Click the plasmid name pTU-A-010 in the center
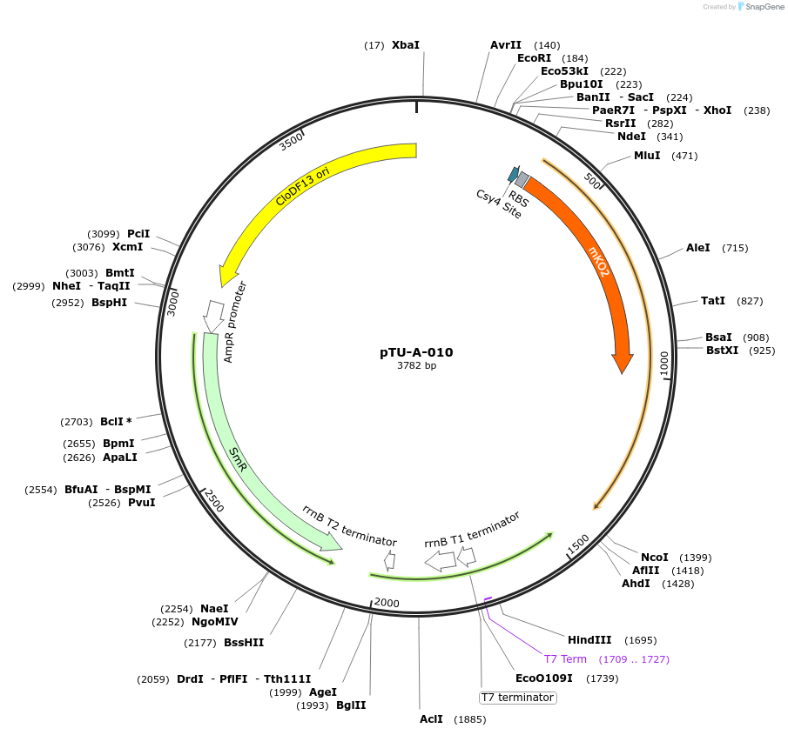tap(416, 352)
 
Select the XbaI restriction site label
tap(405, 44)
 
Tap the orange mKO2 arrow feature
tap(599, 262)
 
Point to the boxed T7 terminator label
tap(518, 698)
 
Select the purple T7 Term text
tap(565, 659)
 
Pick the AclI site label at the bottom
tap(431, 719)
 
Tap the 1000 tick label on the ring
tap(663, 363)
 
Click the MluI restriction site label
tap(647, 156)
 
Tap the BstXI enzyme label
tap(722, 351)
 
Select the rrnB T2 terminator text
tap(349, 525)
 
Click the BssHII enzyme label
tap(244, 643)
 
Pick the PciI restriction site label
tap(138, 234)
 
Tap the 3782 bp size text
tap(416, 365)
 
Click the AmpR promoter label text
tap(235, 322)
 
